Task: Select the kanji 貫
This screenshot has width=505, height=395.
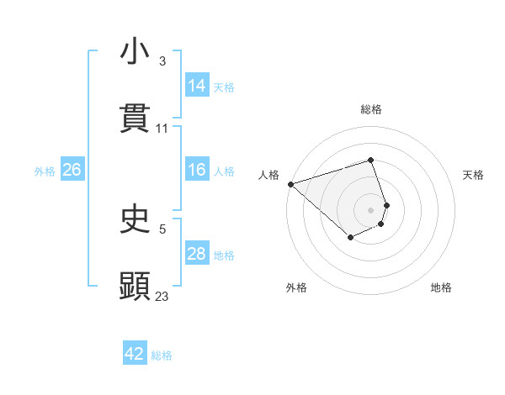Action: [x=135, y=118]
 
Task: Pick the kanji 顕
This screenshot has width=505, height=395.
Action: [x=135, y=286]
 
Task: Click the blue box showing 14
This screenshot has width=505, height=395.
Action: [x=197, y=86]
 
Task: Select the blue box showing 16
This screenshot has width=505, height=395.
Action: [x=197, y=170]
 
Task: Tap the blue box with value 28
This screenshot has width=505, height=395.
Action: [x=197, y=254]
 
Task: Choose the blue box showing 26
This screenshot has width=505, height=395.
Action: [x=72, y=170]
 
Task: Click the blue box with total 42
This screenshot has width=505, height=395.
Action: [x=135, y=354]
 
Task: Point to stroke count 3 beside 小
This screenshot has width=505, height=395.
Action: [x=162, y=61]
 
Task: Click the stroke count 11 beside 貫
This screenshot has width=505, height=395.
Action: [x=162, y=129]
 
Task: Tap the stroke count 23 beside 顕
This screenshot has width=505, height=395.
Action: [x=162, y=296]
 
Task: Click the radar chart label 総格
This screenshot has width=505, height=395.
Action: [x=371, y=109]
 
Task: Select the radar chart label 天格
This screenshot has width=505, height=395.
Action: [x=473, y=175]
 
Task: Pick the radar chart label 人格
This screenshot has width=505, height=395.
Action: [x=268, y=175]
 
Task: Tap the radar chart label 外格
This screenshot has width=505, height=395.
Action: [x=296, y=287]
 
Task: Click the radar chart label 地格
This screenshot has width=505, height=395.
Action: [x=441, y=287]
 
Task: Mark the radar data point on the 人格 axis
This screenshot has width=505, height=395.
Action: [x=290, y=183]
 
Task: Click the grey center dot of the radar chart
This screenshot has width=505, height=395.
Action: [x=371, y=209]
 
